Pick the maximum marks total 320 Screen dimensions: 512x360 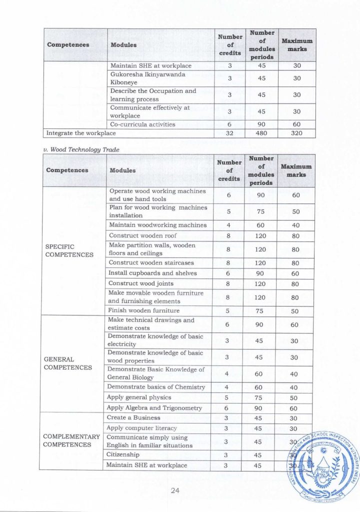[297, 133]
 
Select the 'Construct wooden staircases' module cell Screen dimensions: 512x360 [151, 262]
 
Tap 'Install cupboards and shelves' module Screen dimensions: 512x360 [152, 273]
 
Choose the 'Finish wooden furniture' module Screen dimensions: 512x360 [144, 311]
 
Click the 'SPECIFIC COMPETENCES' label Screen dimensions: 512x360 [69, 250]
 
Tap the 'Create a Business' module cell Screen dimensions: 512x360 [134, 417]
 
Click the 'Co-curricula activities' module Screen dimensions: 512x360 [142, 124]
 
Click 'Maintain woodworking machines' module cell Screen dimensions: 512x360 [157, 225]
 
